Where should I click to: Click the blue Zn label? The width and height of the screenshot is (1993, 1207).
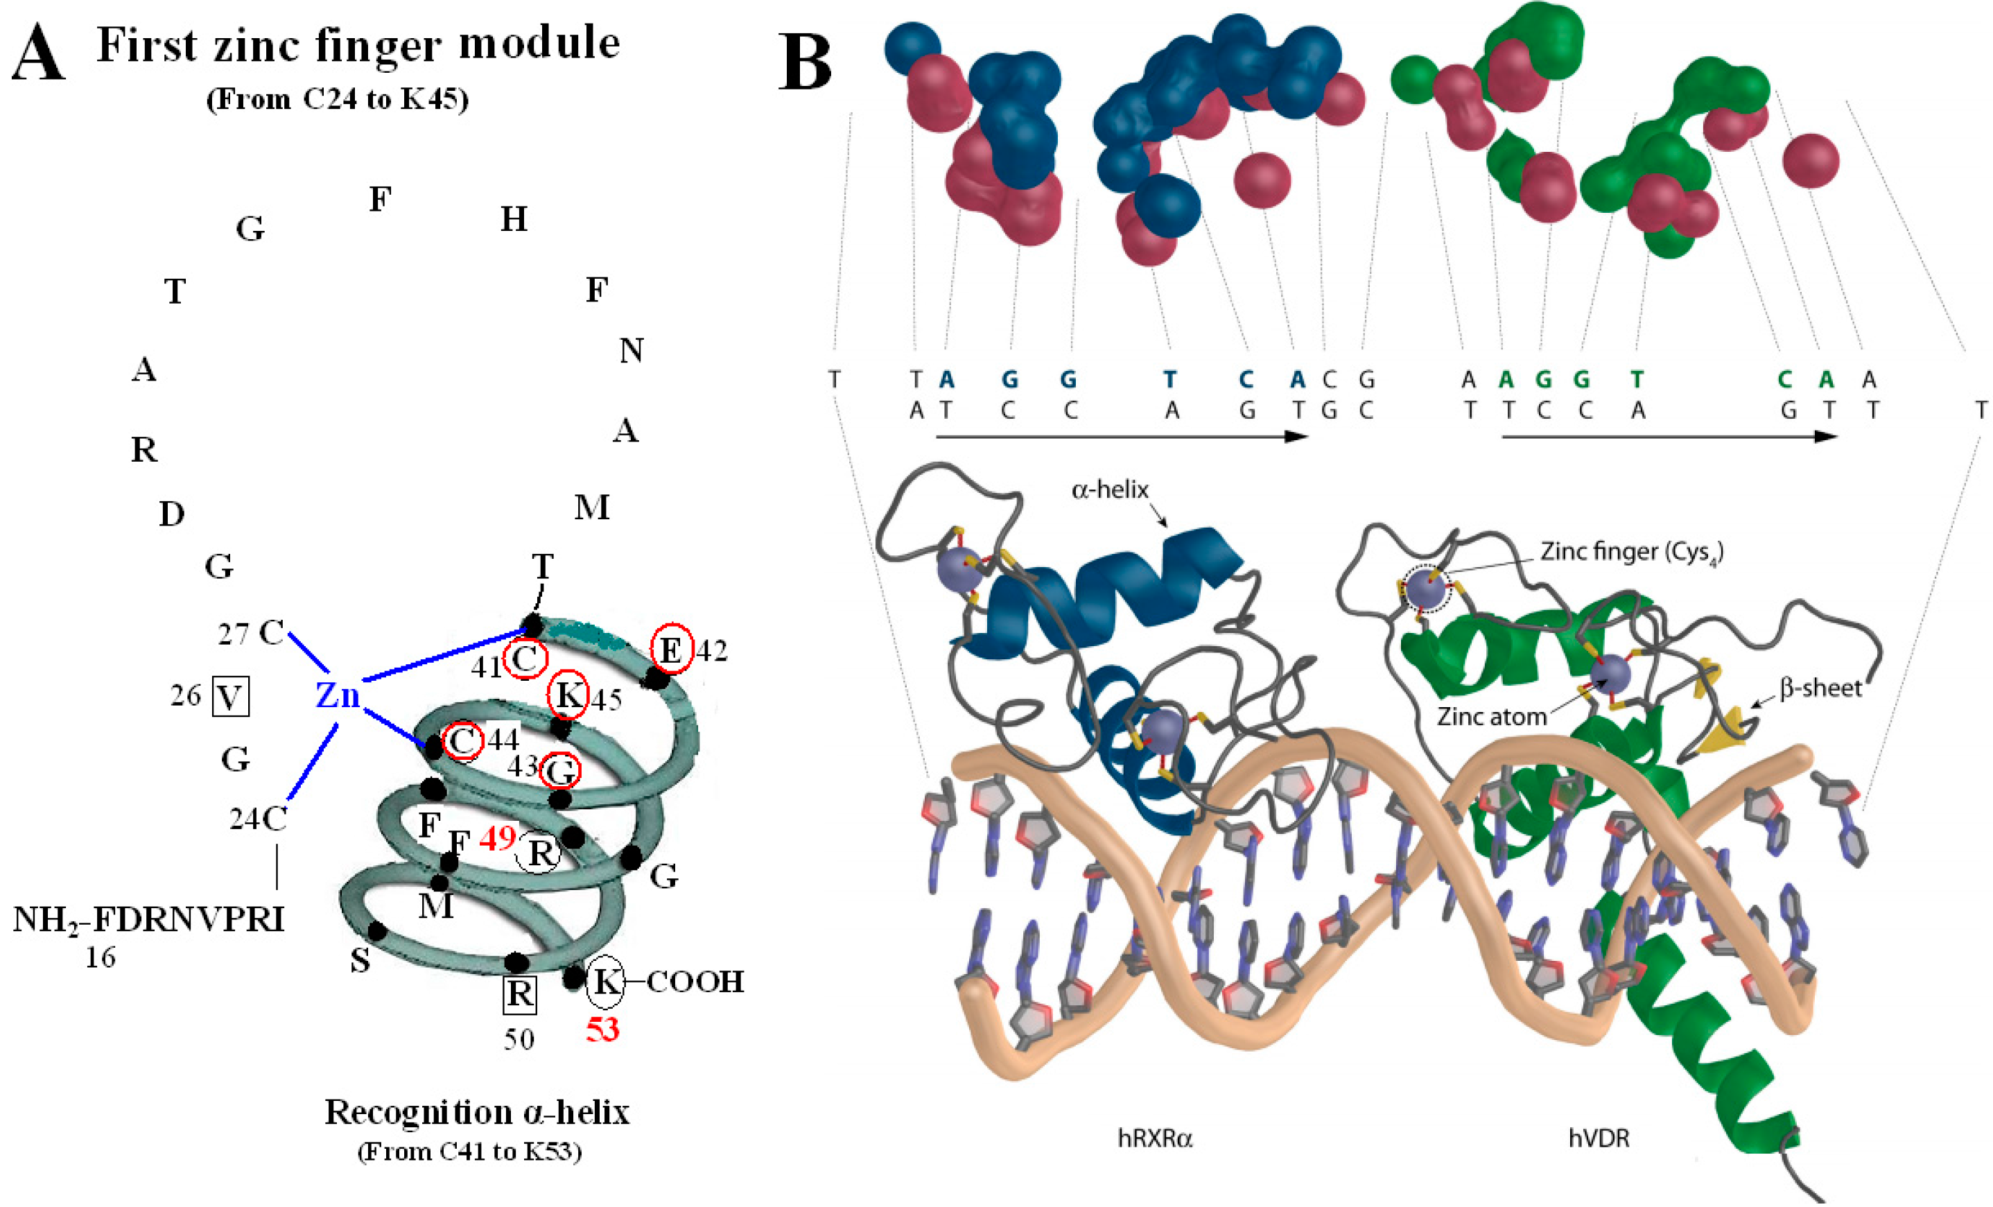point(338,695)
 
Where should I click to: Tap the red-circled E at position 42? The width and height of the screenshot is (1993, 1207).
point(671,649)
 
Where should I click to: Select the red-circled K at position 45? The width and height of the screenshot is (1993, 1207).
point(568,694)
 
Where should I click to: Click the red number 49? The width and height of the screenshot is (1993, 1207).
point(496,838)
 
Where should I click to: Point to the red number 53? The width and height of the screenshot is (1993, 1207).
point(602,1029)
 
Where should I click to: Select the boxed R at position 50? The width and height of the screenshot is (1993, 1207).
point(519,993)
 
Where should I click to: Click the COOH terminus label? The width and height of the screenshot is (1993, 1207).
point(695,981)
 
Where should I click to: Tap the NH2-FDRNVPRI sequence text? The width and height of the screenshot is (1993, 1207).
point(149,920)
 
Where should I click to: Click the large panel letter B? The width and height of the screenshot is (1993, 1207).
point(804,63)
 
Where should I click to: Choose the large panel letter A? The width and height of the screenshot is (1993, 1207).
point(38,53)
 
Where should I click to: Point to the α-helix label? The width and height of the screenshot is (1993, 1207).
point(1109,489)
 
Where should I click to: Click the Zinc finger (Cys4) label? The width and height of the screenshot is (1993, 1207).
point(1630,553)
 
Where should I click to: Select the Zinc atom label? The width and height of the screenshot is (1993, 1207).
point(1490,716)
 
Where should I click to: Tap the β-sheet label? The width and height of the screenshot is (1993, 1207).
point(1820,688)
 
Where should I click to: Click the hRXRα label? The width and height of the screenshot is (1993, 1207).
point(1154,1138)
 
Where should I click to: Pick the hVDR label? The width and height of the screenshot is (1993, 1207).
point(1599,1138)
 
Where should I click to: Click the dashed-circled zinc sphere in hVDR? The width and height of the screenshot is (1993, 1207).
point(1425,589)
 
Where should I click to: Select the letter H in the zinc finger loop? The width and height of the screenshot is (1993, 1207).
point(514,218)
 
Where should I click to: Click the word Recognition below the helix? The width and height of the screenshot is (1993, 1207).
point(418,1113)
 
